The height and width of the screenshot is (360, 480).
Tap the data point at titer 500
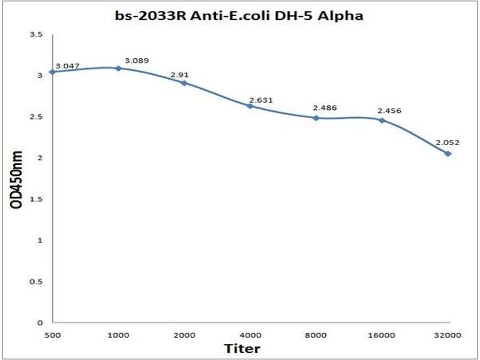[x=52, y=72]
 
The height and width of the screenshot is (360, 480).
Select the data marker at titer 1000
[x=118, y=68]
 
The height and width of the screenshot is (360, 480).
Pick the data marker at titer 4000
[x=250, y=106]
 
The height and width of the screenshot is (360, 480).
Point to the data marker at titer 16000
[x=382, y=120]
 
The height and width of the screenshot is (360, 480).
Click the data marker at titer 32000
[x=448, y=154]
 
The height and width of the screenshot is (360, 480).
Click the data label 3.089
[x=136, y=61]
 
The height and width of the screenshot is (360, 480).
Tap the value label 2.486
[x=325, y=108]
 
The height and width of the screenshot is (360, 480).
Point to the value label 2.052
[x=448, y=143]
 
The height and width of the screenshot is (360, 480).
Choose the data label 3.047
[x=68, y=65]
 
